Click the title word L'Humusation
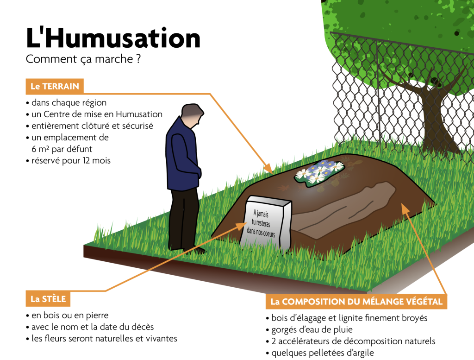113,38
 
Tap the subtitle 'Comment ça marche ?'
83,59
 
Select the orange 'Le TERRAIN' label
55,86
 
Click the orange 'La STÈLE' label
48,299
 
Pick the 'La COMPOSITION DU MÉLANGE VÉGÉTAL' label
356,301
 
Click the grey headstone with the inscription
266,223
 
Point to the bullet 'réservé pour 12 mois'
69,160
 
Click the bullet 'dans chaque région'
66,102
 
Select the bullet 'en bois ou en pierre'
67,315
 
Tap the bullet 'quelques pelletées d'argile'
320,353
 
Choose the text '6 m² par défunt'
62,149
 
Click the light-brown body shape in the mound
344,209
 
